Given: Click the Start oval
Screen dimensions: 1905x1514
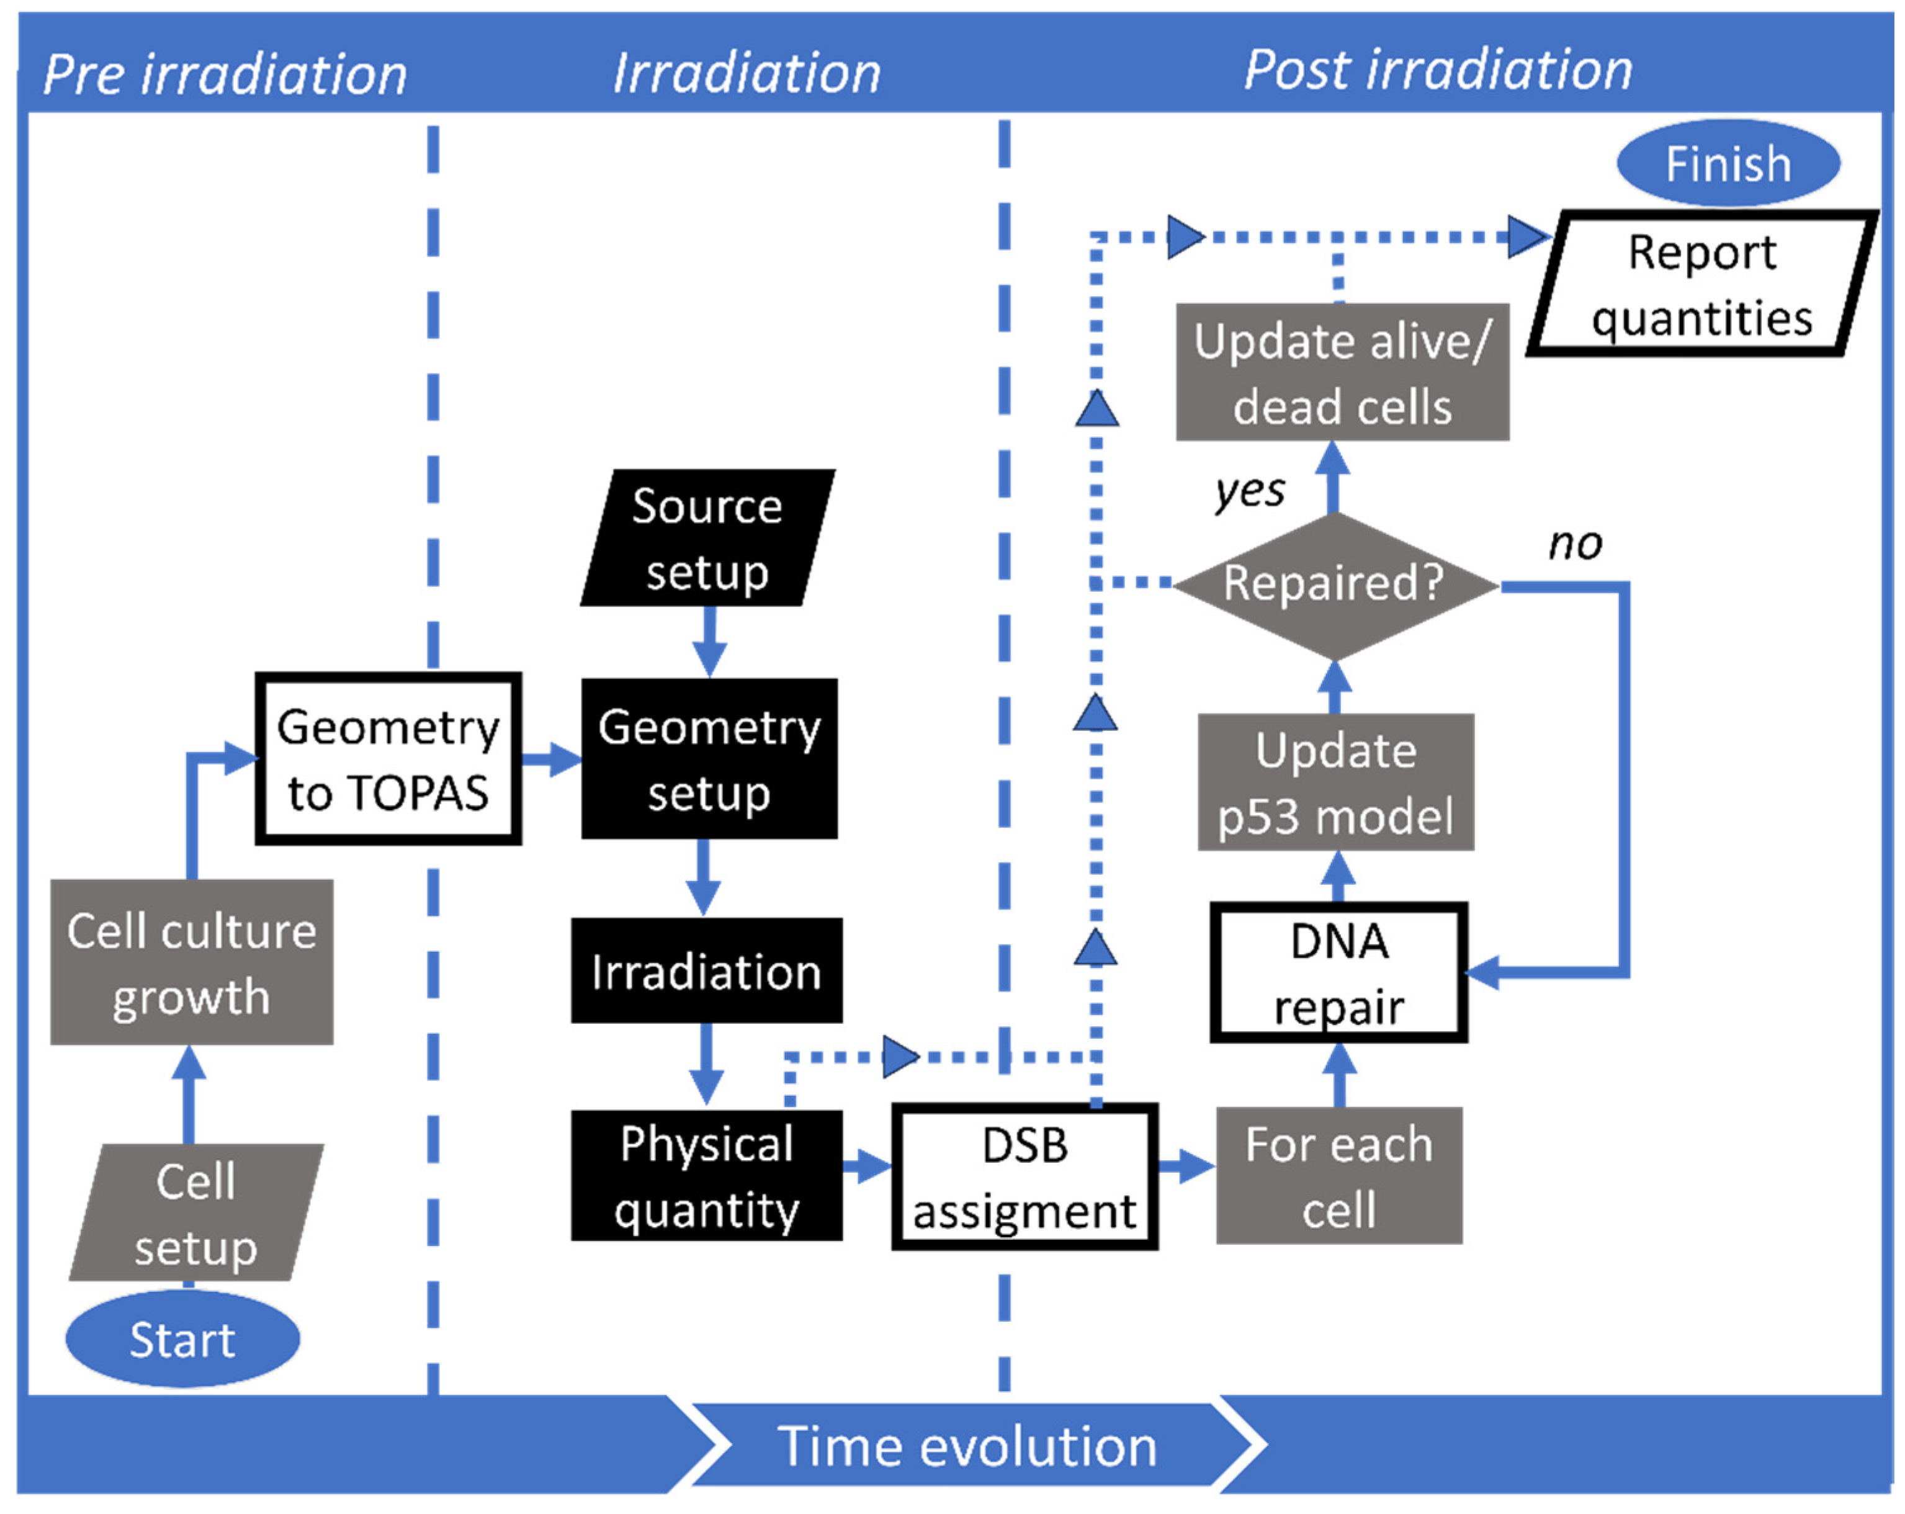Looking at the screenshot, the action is click(x=183, y=1338).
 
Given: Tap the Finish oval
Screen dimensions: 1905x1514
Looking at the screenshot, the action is click(x=1728, y=163).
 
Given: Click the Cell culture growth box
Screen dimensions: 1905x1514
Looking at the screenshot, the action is click(x=192, y=962).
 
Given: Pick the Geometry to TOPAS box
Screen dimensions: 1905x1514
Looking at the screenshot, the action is click(x=388, y=759).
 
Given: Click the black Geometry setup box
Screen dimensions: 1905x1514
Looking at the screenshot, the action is click(x=709, y=759).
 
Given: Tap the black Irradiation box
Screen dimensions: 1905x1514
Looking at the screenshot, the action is click(x=707, y=971).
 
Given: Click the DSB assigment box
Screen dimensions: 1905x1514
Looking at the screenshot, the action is click(x=1025, y=1176).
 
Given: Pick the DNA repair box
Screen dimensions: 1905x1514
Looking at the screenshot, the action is click(x=1338, y=972).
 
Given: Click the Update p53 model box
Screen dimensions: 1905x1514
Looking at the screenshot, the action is click(x=1336, y=782).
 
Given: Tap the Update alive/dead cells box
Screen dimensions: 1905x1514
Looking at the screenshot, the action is click(x=1342, y=372).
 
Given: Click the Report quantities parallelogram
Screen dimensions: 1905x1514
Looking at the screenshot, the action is click(x=1703, y=284).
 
